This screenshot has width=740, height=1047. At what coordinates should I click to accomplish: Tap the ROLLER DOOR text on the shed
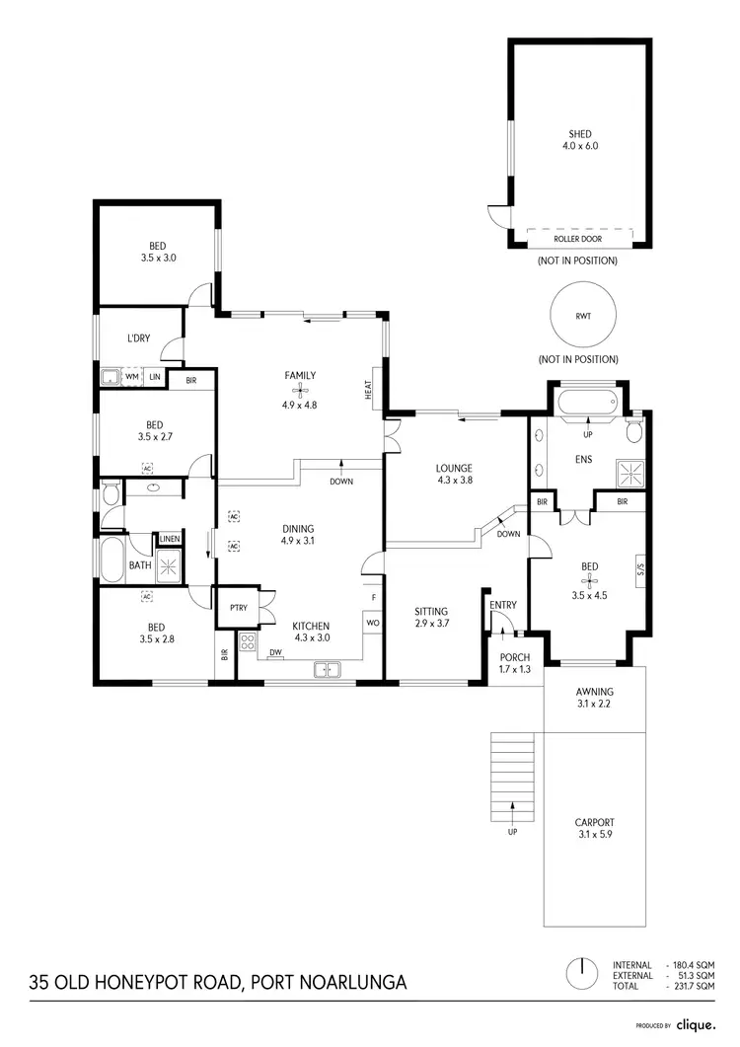click(578, 239)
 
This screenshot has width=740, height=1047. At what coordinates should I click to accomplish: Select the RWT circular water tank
click(583, 317)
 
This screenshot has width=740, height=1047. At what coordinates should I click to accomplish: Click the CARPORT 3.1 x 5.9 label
click(594, 827)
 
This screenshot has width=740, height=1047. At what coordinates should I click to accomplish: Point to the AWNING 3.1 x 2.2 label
click(594, 697)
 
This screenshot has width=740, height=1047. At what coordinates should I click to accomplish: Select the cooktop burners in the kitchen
click(247, 645)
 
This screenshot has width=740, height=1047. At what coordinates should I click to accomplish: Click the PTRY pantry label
click(238, 608)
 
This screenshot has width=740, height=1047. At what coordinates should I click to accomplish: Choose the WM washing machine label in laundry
click(130, 376)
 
